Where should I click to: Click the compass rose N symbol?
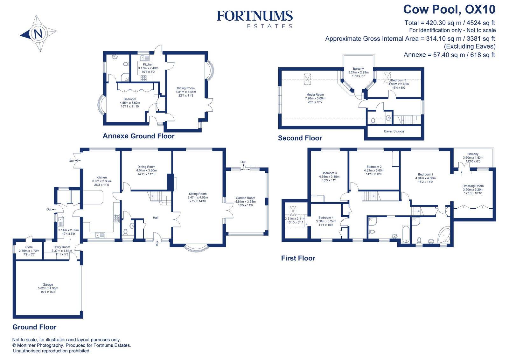coord(38,33)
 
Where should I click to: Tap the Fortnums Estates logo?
coord(254,19)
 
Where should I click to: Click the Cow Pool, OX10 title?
coord(449,10)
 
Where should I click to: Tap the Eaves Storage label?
coord(394,131)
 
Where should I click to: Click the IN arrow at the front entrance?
coord(157,243)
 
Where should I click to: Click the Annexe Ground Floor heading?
coord(138,136)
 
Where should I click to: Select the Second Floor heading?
coord(300,138)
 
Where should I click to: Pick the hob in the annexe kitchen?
coord(144,78)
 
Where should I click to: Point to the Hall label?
coord(156,218)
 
